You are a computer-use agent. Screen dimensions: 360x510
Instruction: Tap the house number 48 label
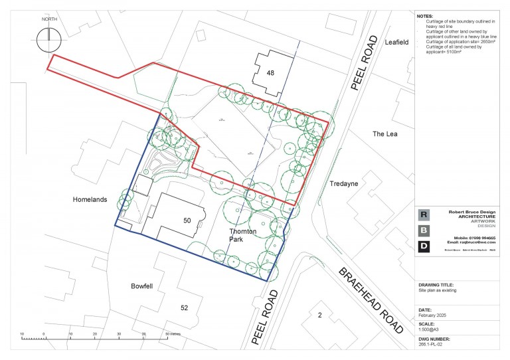[270, 72]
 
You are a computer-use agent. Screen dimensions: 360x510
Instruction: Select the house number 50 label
[187, 219]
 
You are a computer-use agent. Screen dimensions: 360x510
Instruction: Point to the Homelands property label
[90, 199]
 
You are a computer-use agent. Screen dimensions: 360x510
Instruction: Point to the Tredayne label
[344, 183]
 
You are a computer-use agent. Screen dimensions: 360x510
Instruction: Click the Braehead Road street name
[371, 300]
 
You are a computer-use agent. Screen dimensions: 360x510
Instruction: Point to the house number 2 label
[319, 315]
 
